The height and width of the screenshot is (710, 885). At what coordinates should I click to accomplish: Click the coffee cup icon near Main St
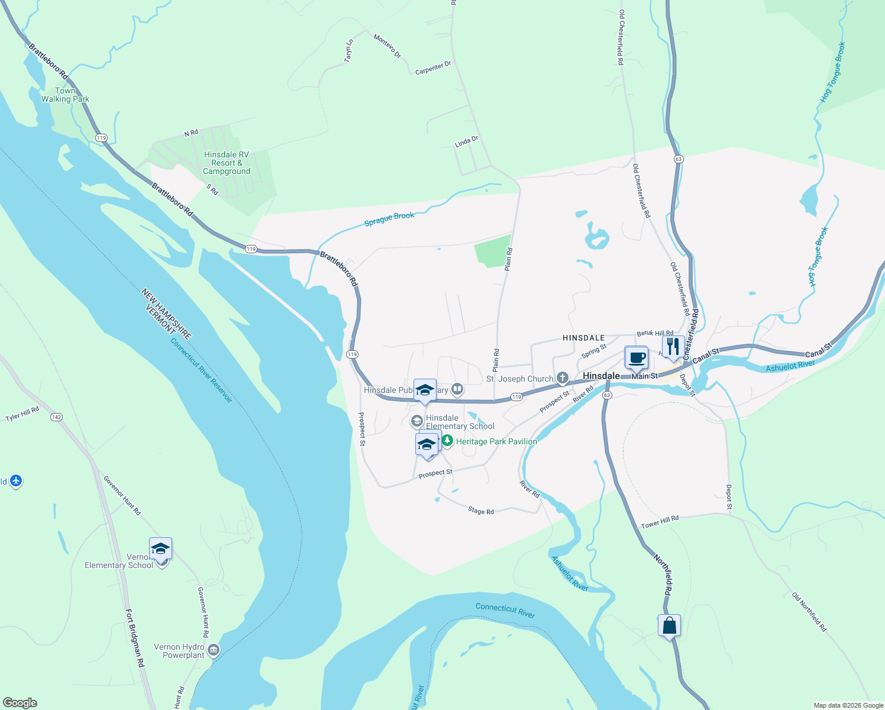(637, 358)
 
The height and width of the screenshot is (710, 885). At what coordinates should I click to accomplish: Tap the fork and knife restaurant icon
(673, 347)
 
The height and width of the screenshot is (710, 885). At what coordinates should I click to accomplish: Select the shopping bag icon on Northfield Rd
(669, 625)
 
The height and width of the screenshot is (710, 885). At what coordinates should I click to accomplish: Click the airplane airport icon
(16, 481)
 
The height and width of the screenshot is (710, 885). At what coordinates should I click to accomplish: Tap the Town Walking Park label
(65, 95)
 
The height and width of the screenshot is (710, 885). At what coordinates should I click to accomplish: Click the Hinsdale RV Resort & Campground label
(227, 163)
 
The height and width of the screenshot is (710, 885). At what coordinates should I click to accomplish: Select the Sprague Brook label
(389, 219)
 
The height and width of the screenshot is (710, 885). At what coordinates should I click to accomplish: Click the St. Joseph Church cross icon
(562, 378)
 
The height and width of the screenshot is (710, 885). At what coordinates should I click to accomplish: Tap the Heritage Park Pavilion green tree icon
(447, 441)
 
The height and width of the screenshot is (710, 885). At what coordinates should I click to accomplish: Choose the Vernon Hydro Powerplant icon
(214, 651)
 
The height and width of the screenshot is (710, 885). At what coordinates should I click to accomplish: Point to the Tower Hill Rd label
(660, 522)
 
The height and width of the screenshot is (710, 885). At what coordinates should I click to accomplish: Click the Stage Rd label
(480, 511)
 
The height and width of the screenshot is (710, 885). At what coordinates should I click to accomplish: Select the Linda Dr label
(466, 142)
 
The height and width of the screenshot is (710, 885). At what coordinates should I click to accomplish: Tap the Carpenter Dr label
(433, 68)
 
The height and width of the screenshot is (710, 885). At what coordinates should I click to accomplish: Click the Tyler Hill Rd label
(22, 414)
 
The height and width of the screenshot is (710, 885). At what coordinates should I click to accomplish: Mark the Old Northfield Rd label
(809, 612)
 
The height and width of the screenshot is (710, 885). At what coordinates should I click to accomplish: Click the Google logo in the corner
(20, 703)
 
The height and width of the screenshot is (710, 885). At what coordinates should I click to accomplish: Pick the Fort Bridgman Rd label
(135, 638)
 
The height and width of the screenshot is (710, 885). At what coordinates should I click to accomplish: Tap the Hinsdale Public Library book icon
(457, 389)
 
